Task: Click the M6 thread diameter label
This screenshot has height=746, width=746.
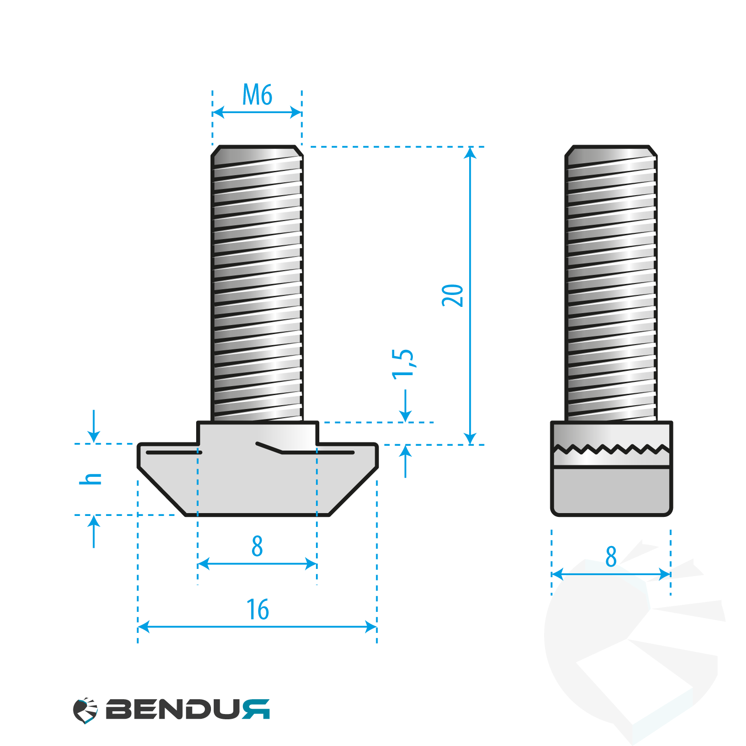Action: pos(257,95)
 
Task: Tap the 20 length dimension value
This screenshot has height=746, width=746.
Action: pos(452,295)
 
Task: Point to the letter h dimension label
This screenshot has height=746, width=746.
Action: pos(90,479)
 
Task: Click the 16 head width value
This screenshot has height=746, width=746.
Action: pos(257,609)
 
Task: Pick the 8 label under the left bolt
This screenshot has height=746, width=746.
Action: pos(257,546)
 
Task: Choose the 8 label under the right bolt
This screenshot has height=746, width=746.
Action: pos(611,557)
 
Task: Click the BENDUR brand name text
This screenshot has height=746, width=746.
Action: pos(188,709)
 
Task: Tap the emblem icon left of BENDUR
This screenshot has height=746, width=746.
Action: pos(85,710)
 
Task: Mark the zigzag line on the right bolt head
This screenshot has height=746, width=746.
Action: pos(611,449)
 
